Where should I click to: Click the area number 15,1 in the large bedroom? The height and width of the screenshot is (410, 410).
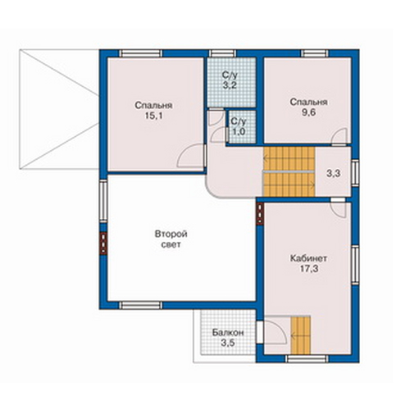[x=153, y=116]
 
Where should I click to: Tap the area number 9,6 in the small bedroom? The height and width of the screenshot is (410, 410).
[x=308, y=112]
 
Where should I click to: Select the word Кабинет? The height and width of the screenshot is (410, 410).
[x=308, y=258]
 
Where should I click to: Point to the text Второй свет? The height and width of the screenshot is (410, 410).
[x=171, y=239]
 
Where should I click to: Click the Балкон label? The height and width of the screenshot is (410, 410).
[x=228, y=333]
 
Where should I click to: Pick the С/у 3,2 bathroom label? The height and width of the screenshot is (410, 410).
[x=230, y=80]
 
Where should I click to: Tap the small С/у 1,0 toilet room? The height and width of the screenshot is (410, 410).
[x=239, y=126]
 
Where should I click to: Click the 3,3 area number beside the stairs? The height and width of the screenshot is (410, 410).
[x=334, y=173]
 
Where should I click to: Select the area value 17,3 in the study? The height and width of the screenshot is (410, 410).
[x=309, y=269]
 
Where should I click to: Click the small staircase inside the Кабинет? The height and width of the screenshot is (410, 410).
[x=301, y=335]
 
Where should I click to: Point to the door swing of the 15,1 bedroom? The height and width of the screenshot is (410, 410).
[x=190, y=156]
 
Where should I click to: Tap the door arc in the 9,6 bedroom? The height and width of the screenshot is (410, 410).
[x=339, y=136]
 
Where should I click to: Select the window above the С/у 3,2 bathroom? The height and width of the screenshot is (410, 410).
[x=222, y=53]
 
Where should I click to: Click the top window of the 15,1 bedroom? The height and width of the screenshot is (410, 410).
[x=141, y=53]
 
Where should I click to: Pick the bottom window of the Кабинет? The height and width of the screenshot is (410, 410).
[x=307, y=358]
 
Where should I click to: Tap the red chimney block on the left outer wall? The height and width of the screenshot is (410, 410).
[x=103, y=244]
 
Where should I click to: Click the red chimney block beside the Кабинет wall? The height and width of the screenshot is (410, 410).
[x=260, y=213]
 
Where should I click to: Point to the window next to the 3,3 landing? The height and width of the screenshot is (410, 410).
[x=355, y=173]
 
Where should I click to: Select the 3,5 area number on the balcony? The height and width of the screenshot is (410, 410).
[x=228, y=343]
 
